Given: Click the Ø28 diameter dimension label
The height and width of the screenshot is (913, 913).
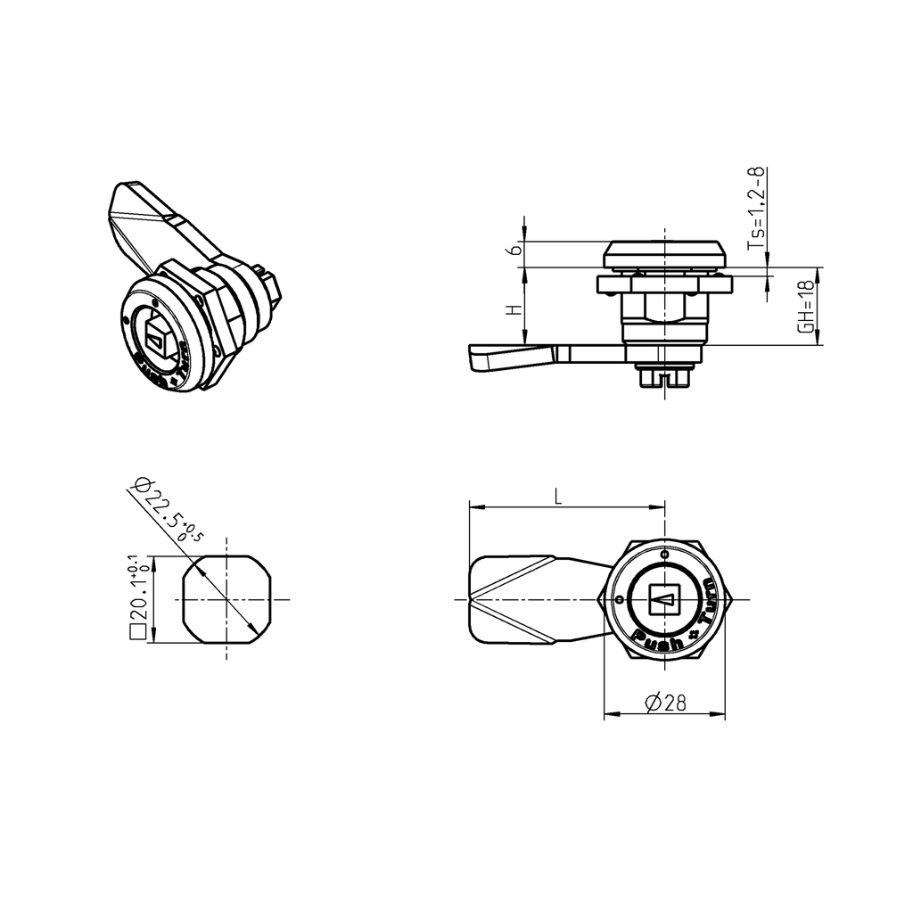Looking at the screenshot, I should pyautogui.click(x=664, y=703).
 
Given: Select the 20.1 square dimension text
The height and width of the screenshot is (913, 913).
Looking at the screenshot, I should pyautogui.click(x=138, y=595).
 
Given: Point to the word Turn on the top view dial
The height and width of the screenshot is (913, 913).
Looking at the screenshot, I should pyautogui.click(x=708, y=604).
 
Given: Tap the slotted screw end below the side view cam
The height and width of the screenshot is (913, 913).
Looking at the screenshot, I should pyautogui.click(x=664, y=378).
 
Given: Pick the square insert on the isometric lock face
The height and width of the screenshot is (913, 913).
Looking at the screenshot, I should pyautogui.click(x=160, y=338).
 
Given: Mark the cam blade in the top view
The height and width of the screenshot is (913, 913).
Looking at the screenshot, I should pyautogui.click(x=526, y=598).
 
